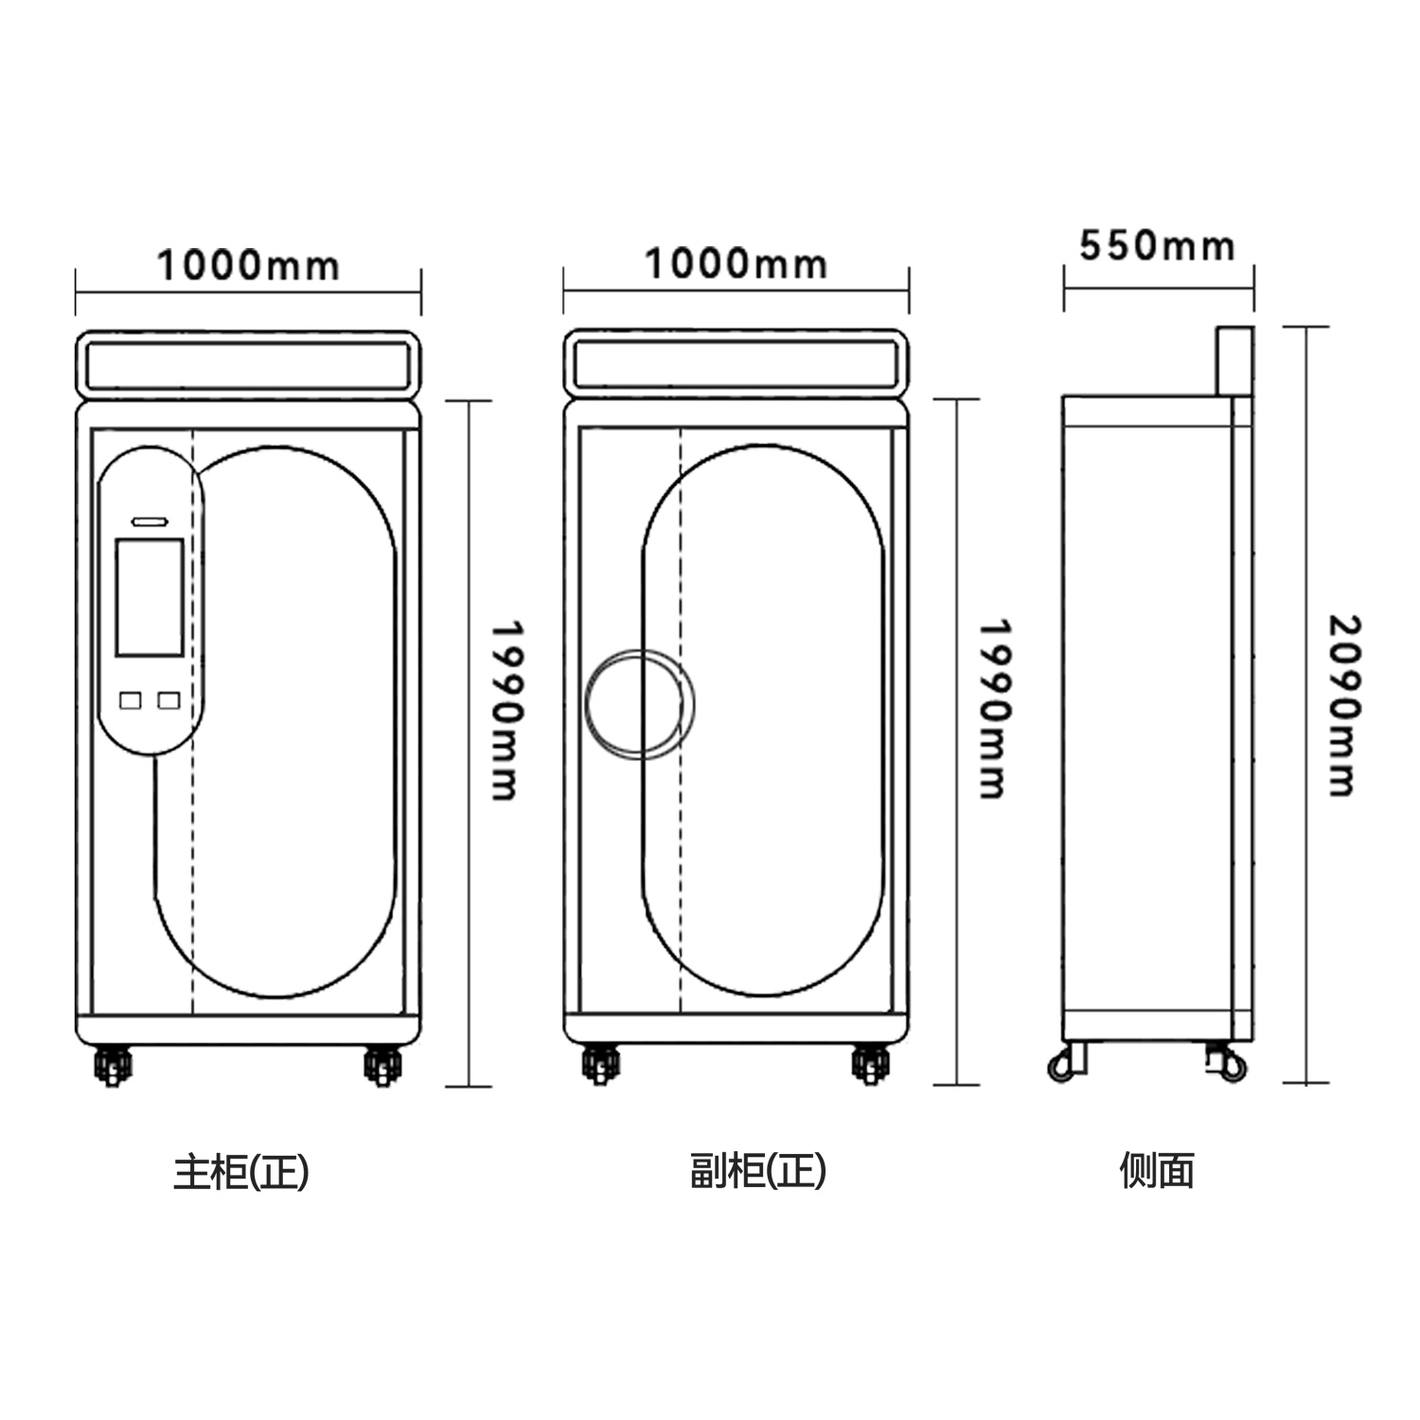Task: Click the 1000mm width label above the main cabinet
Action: pos(247,265)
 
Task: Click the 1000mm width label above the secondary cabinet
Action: pos(736,263)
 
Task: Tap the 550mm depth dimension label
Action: pos(1157,246)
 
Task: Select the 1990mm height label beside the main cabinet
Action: pos(506,710)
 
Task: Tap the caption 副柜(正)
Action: pos(758,1171)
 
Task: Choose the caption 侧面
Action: pos(1157,1170)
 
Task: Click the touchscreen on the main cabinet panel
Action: pos(149,597)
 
